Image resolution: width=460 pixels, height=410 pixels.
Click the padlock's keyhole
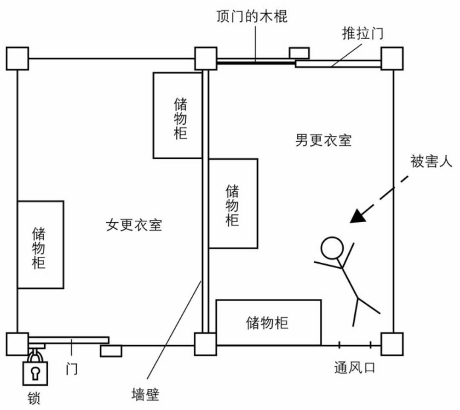pos(35,373)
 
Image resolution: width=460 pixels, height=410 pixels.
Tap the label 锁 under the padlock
pos(34,398)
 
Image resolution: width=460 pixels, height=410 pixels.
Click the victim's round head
pos(332,248)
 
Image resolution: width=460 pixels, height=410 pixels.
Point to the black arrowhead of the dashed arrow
pos(358,216)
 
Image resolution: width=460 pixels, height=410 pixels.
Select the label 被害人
pos(431,161)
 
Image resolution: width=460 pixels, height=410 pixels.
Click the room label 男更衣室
pos(323,140)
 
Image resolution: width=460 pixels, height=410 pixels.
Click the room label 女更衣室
pos(134,225)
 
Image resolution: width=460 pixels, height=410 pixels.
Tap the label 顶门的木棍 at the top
pos(252,17)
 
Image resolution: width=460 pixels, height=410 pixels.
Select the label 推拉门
pos(362,34)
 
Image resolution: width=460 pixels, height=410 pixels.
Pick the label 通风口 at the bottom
pos(355,367)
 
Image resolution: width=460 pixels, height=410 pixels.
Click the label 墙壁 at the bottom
pos(145,394)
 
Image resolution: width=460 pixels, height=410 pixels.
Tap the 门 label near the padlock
pos(72,369)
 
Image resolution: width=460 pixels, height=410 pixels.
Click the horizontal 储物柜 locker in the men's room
pos(268,322)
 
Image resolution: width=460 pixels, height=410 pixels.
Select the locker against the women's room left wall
pos(40,244)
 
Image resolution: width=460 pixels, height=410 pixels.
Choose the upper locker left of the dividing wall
pos(178,115)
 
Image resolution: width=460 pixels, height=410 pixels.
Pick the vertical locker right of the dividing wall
pos(233,204)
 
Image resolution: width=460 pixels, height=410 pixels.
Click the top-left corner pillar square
pos(17,58)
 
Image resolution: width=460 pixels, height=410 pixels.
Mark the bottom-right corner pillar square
pos(392,344)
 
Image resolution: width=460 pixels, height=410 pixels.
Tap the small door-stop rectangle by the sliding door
pos(299,53)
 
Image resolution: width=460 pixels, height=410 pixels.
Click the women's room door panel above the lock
pos(69,340)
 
